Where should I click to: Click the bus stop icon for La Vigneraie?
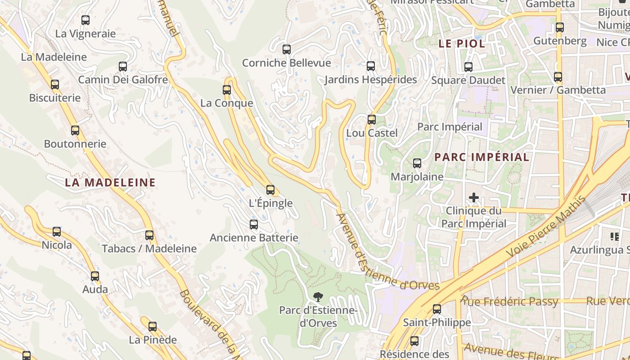(85, 20)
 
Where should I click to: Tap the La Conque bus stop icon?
(227, 90)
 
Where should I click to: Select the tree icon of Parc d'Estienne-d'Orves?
(318, 297)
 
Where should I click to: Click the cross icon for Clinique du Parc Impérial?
(473, 198)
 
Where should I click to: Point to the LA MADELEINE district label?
(110, 182)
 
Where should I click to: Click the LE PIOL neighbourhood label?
(462, 44)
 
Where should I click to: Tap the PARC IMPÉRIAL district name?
(481, 157)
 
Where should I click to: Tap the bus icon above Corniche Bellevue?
(287, 49)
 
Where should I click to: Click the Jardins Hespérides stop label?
(371, 80)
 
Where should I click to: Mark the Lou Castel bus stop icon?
(372, 120)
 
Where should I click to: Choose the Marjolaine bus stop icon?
(417, 163)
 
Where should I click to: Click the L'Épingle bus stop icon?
(270, 190)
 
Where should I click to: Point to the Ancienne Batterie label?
(254, 238)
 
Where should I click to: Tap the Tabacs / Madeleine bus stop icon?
(149, 235)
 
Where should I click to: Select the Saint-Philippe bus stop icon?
(436, 309)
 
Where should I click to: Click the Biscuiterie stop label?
(55, 98)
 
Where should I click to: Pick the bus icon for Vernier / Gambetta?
(558, 77)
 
